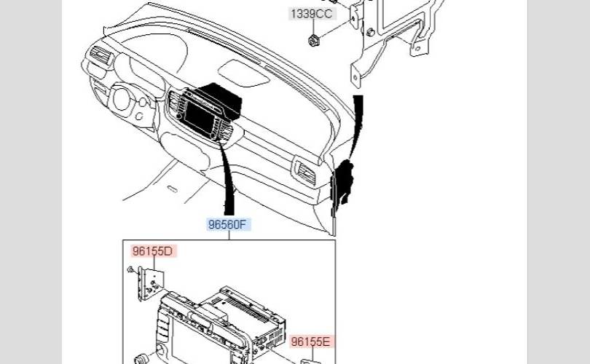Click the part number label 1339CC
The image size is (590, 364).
point(312,14)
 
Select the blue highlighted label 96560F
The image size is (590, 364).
point(227,224)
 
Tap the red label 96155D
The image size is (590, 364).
point(153,251)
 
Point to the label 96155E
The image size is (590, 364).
point(311,341)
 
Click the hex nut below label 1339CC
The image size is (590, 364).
point(312,40)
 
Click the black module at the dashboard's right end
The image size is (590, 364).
point(343,181)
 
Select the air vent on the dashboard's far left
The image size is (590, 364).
point(101,55)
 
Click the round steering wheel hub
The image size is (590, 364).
point(122,99)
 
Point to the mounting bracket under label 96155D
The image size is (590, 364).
point(151,283)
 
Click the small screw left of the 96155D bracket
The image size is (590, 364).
point(130,269)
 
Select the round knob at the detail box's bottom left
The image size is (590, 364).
point(142,358)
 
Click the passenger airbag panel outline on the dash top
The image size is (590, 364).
point(243,73)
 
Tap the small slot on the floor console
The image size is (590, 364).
point(172,189)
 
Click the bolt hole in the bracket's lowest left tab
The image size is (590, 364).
point(355,78)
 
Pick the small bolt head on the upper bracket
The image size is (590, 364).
point(370,32)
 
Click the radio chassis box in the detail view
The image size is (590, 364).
point(245,314)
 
